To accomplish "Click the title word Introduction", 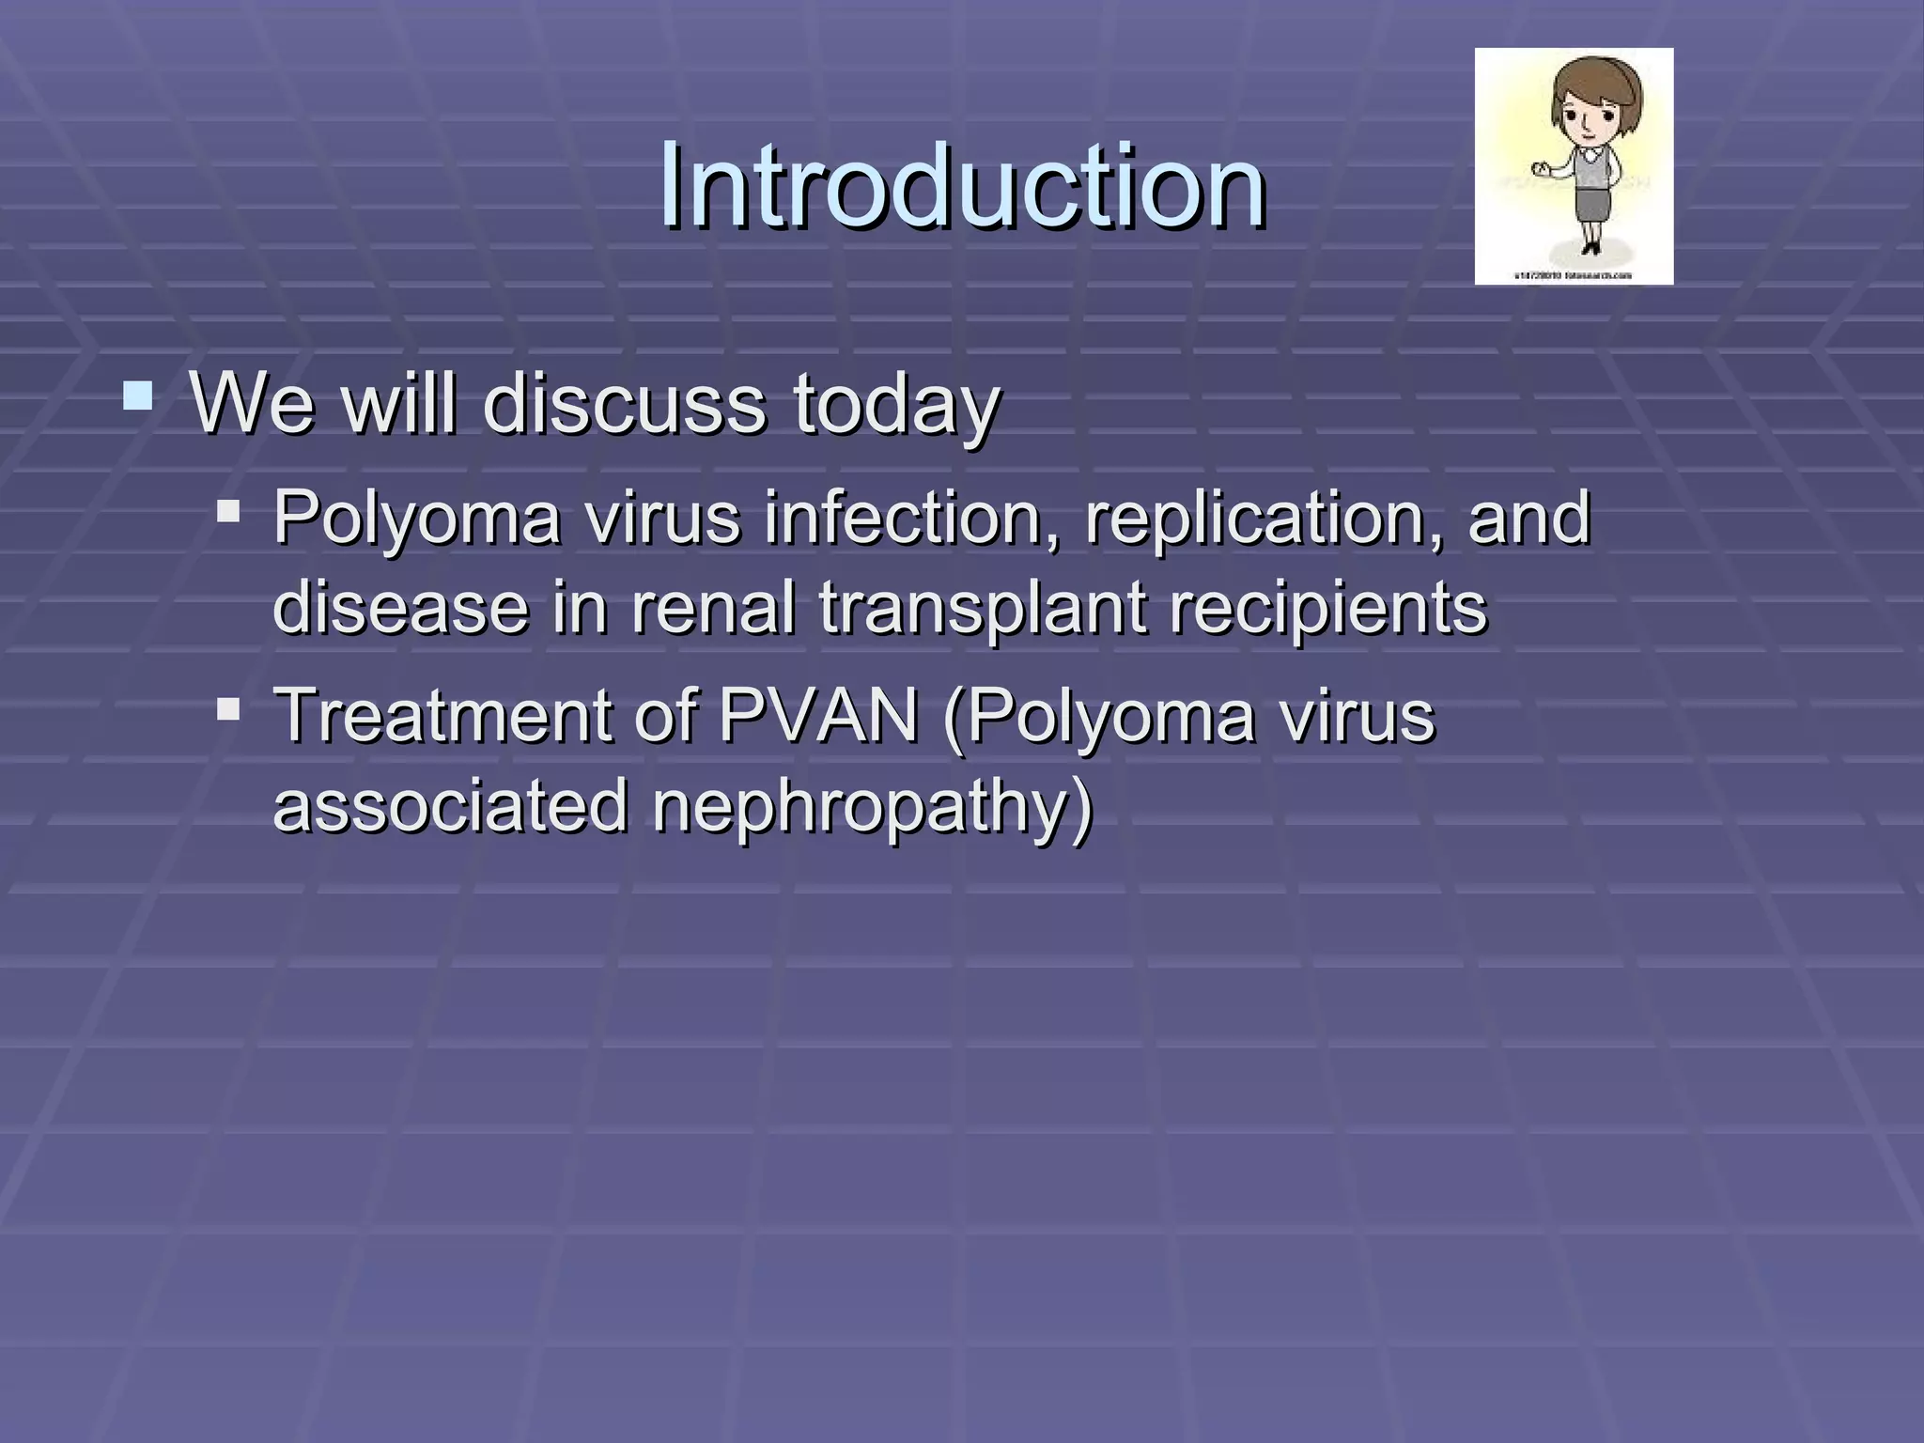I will (962, 185).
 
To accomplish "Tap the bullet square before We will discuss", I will (138, 396).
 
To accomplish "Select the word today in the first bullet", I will (897, 406).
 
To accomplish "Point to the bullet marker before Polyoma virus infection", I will (227, 512).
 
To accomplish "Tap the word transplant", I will (983, 609).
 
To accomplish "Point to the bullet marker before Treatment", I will (227, 708).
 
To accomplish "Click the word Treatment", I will (442, 716).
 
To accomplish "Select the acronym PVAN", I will (818, 716).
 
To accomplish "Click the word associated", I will (450, 806).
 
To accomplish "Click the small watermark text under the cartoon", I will (1573, 276).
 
